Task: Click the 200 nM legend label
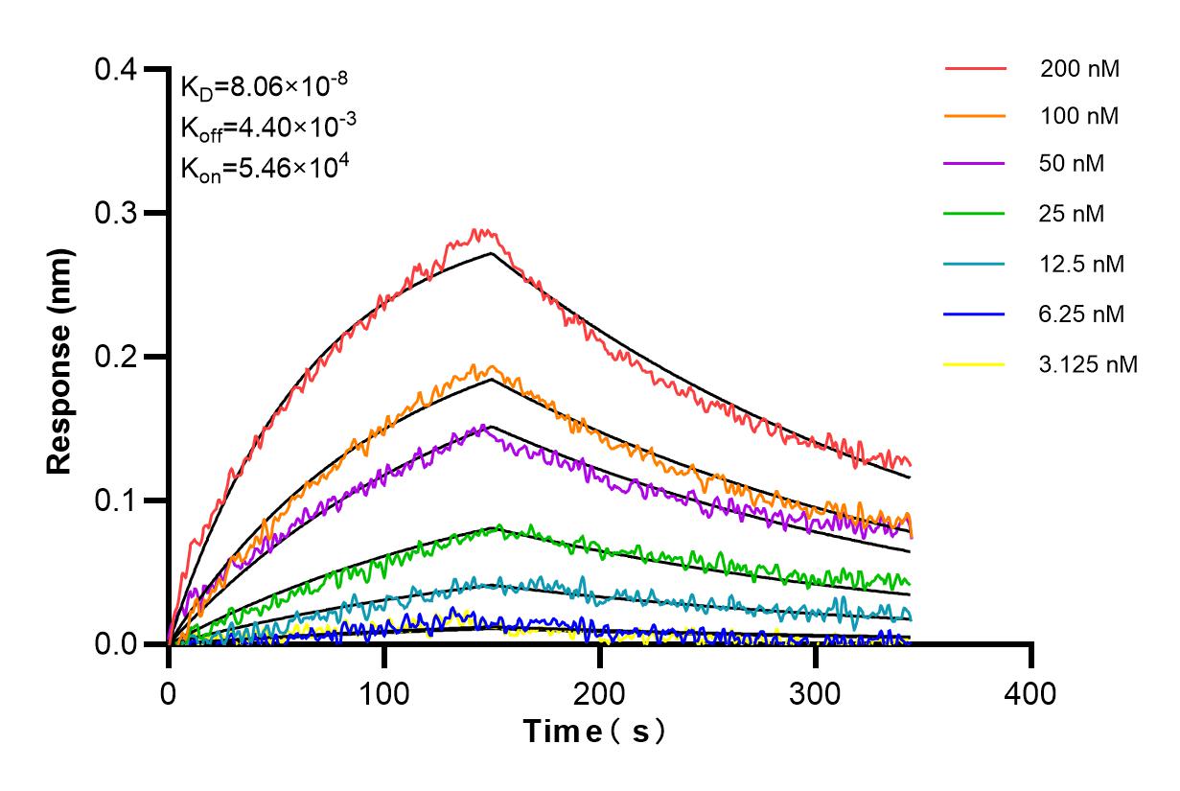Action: pyautogui.click(x=1079, y=69)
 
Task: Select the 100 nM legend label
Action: pyautogui.click(x=1079, y=117)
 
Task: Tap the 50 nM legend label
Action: pyautogui.click(x=1073, y=164)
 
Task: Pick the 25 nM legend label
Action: pyautogui.click(x=1073, y=213)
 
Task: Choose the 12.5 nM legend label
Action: pyautogui.click(x=1082, y=265)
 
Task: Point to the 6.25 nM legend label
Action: pyautogui.click(x=1082, y=314)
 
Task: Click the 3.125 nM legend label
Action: pyautogui.click(x=1088, y=364)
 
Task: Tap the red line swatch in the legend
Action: pyautogui.click(x=975, y=69)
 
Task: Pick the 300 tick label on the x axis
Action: pyautogui.click(x=816, y=692)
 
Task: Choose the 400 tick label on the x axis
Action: pyautogui.click(x=1031, y=692)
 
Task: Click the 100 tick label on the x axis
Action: pyautogui.click(x=384, y=692)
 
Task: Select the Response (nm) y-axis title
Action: pyautogui.click(x=60, y=357)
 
